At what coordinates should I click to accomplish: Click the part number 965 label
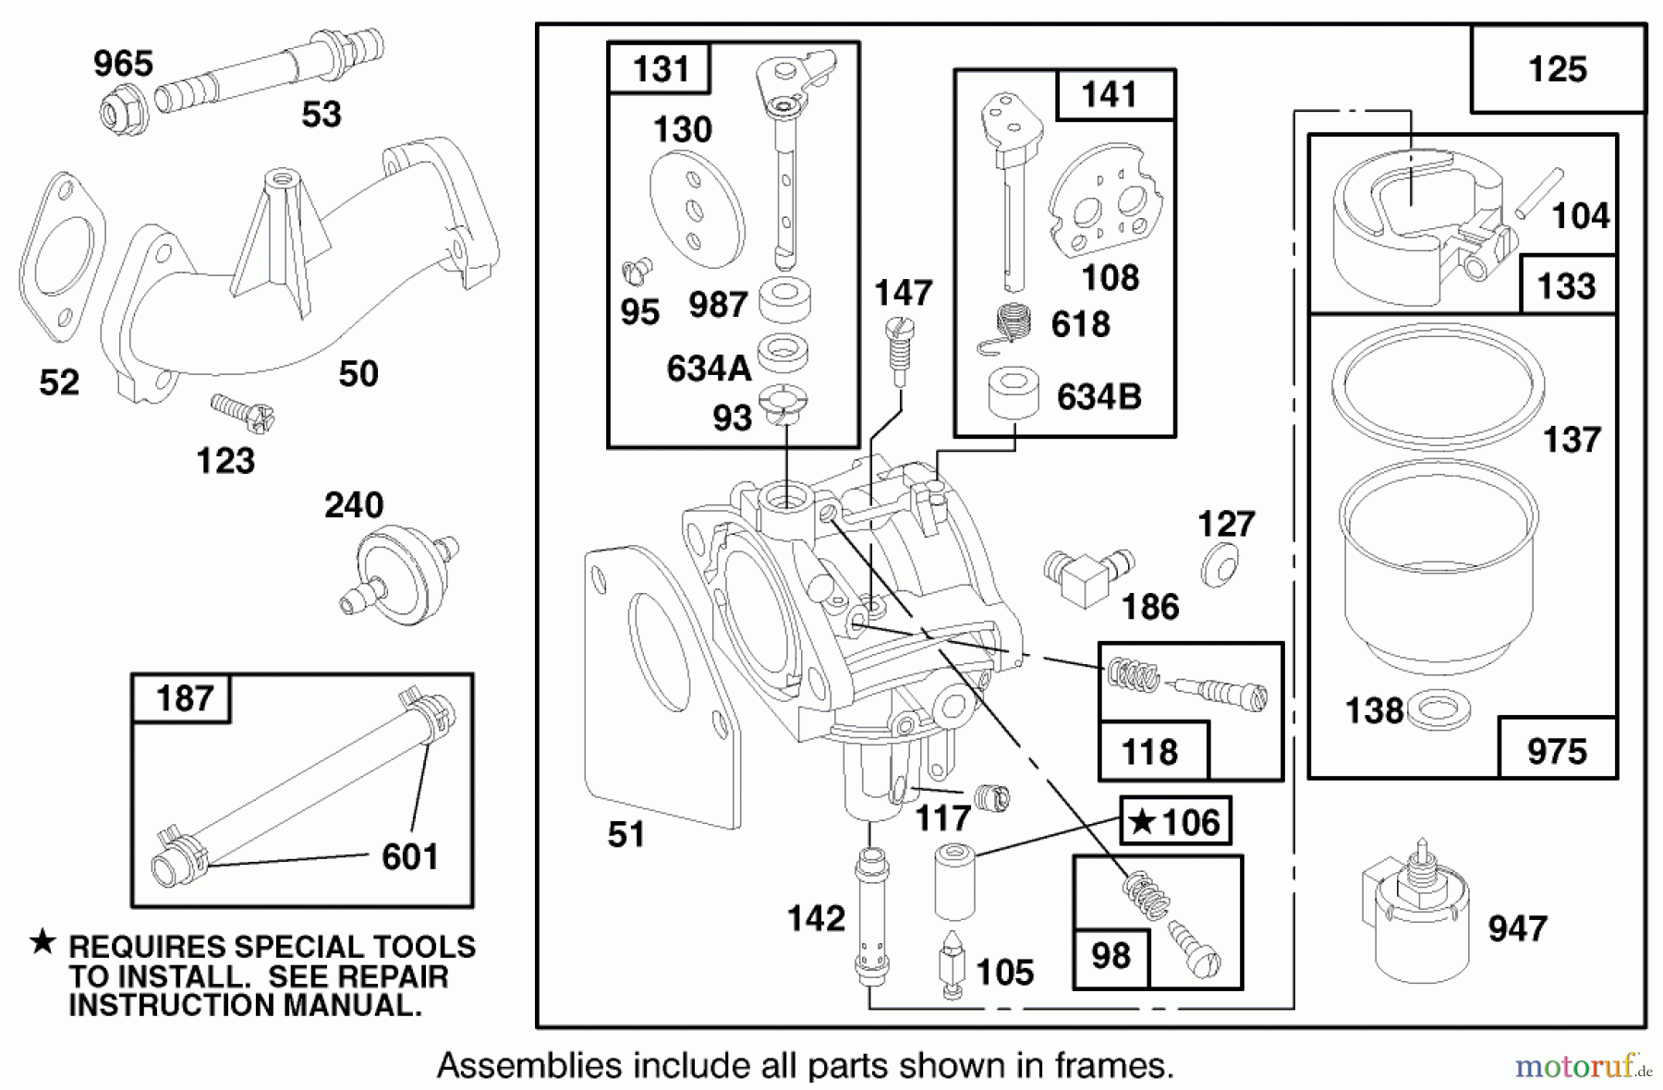(123, 64)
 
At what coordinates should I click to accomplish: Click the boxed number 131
(661, 68)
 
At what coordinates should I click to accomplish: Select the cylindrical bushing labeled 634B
(1014, 394)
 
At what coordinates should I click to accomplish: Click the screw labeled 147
(899, 352)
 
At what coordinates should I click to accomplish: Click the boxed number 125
(1558, 70)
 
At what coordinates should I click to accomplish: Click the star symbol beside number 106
(1144, 820)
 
